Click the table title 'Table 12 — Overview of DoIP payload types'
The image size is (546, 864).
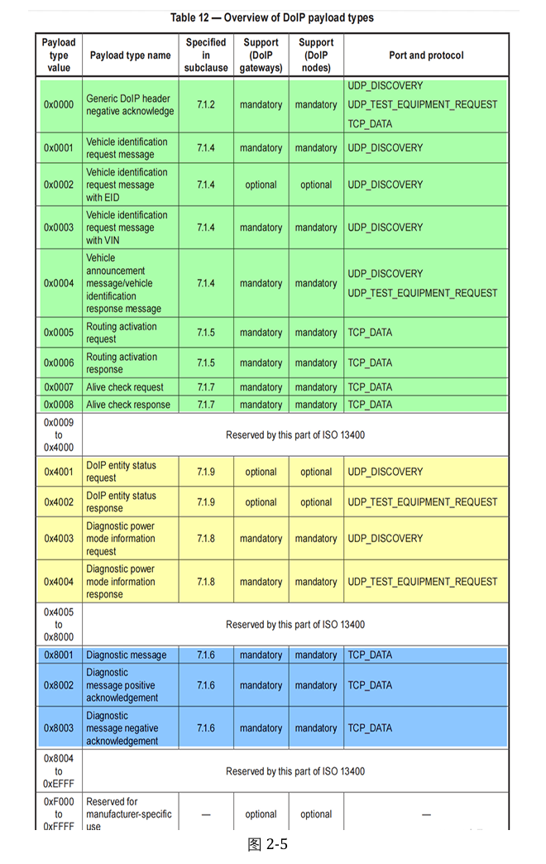(x=272, y=17)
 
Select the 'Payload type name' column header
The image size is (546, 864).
(x=130, y=55)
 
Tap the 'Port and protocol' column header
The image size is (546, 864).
(x=426, y=55)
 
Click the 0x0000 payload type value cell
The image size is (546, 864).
(x=59, y=105)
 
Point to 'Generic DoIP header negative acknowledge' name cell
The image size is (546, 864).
(x=130, y=105)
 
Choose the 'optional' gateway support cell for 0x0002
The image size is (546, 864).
(x=261, y=185)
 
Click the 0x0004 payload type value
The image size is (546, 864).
(x=59, y=283)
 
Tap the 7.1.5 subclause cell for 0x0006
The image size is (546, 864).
(x=206, y=363)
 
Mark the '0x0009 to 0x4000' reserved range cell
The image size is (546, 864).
(x=59, y=434)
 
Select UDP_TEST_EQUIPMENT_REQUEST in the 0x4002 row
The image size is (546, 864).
(x=423, y=502)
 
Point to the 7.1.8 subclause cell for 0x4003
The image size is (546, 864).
(x=206, y=539)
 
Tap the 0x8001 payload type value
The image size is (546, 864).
(x=59, y=655)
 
